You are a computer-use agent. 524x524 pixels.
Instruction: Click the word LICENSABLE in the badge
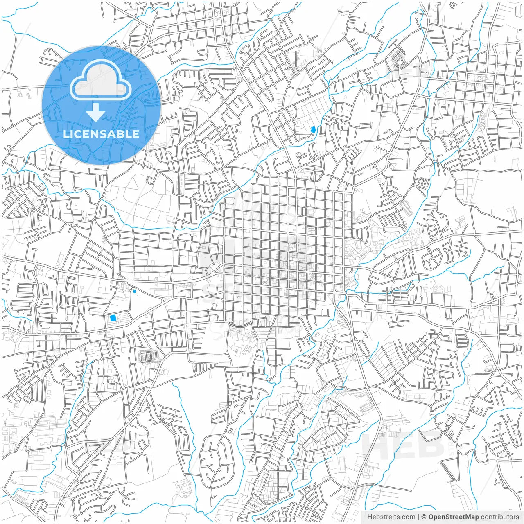click(101, 134)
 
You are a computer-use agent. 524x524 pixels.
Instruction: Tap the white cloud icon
click(101, 79)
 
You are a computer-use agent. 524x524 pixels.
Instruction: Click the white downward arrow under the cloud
click(96, 113)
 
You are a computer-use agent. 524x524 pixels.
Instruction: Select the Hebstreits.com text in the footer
click(391, 517)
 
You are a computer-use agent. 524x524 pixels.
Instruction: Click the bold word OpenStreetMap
click(453, 517)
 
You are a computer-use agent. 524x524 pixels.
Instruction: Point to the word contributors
click(500, 517)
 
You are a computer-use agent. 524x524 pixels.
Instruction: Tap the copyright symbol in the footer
click(424, 517)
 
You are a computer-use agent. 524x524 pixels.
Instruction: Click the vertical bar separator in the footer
click(418, 517)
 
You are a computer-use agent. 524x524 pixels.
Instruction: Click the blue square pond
click(113, 318)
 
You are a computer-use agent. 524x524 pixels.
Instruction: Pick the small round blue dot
click(135, 291)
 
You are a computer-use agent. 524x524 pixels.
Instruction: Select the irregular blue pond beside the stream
click(313, 130)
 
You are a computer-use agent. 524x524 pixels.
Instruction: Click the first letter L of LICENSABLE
click(65, 134)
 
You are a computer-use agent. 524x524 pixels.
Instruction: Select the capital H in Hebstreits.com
click(370, 517)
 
